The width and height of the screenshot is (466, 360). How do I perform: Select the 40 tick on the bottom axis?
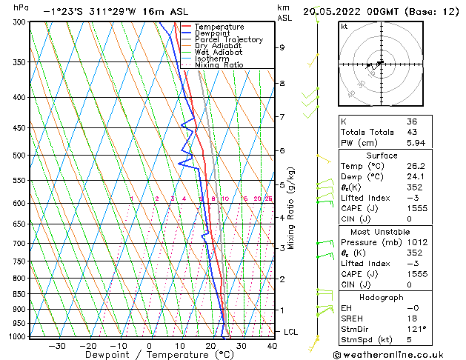[x=271, y=345]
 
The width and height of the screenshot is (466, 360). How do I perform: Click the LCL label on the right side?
[x=290, y=332]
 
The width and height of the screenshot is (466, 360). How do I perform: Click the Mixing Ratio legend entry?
[x=219, y=64]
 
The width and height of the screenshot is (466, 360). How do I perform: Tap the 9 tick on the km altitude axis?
[x=282, y=47]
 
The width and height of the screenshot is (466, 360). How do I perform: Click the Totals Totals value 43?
[x=412, y=131]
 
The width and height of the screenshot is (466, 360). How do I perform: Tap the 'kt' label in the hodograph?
[x=344, y=27]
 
